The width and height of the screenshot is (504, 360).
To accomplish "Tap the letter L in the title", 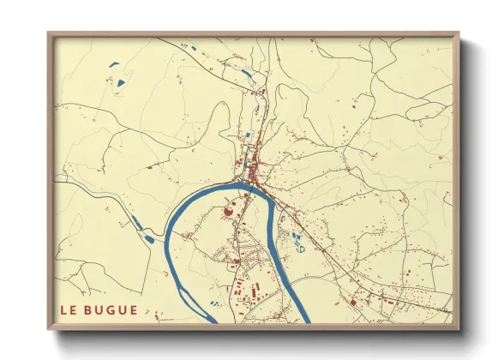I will [x=62, y=309].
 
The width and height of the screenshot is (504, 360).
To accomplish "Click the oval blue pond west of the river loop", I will [x=150, y=237].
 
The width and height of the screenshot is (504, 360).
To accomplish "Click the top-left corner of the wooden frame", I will [x=50, y=34].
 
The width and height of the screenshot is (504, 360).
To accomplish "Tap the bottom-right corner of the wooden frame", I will [x=458, y=328].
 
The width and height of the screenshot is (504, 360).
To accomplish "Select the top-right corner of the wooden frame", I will [x=458, y=34].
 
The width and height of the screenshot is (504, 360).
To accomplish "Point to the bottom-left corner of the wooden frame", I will [x=50, y=328].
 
